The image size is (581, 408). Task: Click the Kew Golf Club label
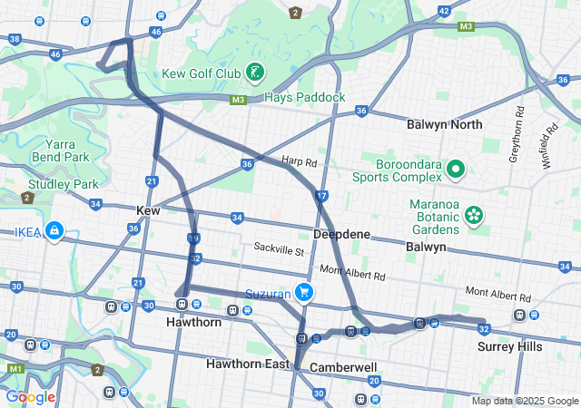click(x=201, y=73)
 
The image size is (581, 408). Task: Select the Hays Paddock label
click(x=304, y=97)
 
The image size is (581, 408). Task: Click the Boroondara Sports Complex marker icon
click(x=455, y=169)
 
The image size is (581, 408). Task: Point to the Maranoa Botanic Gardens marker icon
click(x=472, y=215)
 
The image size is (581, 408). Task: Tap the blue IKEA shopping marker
click(x=55, y=232)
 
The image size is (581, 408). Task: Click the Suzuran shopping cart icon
click(x=305, y=293)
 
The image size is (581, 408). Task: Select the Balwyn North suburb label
click(x=444, y=124)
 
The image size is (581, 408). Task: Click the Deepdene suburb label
click(x=341, y=234)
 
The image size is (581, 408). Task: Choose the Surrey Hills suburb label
click(x=509, y=346)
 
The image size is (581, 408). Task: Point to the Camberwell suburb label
click(x=343, y=367)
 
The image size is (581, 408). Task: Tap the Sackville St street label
click(x=279, y=247)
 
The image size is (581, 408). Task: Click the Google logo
click(x=30, y=397)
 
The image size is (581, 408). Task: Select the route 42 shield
click(x=443, y=11)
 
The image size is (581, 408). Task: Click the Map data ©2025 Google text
click(x=525, y=401)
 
